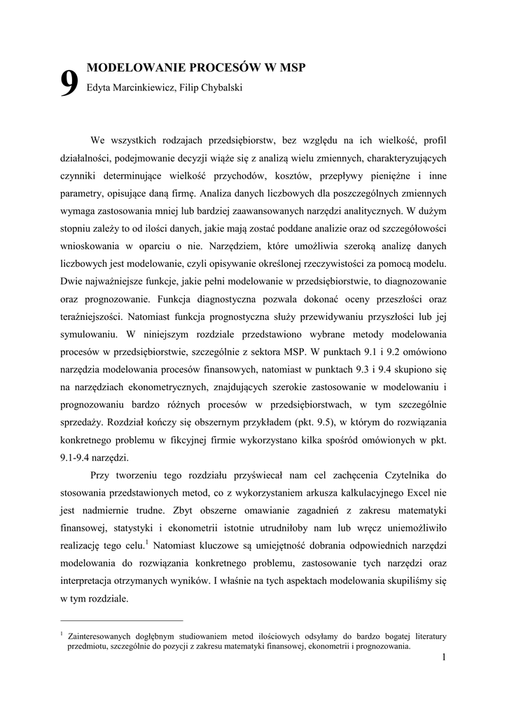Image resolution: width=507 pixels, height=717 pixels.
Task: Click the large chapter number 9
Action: click(x=69, y=85)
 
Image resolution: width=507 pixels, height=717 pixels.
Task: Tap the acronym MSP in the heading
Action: click(x=291, y=68)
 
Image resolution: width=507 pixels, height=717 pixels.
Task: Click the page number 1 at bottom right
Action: click(x=444, y=657)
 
